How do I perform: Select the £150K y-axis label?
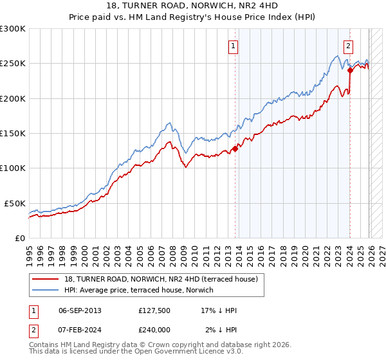point(13,133)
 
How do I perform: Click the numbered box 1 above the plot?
point(232,46)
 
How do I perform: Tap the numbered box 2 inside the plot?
point(348,46)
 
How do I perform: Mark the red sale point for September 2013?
point(235,148)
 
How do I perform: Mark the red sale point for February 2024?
point(350,71)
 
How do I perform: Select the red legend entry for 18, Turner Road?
point(161,279)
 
